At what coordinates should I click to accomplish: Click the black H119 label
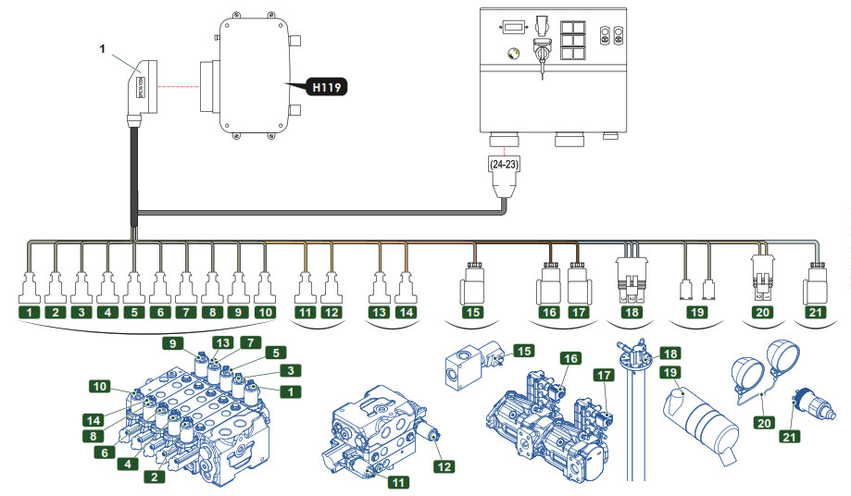tap(327, 89)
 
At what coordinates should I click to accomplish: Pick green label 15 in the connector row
tap(472, 313)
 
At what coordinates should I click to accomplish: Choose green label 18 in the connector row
tap(632, 313)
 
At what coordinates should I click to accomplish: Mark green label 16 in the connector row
tap(550, 313)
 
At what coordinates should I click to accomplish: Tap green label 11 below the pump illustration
tap(398, 481)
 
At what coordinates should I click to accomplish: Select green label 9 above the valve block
tap(171, 343)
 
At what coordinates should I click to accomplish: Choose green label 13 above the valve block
tap(221, 342)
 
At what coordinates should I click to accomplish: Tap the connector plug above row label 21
tap(817, 281)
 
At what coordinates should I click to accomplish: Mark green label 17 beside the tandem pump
tap(605, 376)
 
